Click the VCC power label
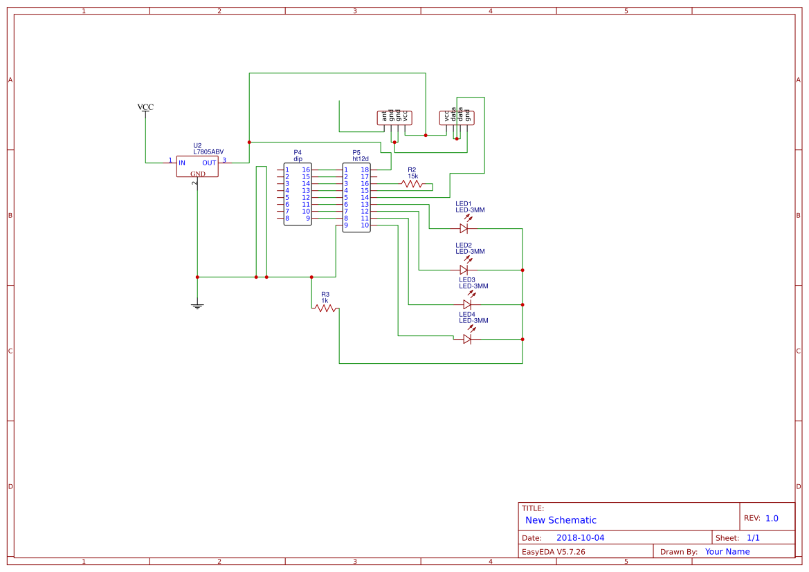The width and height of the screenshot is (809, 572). (x=145, y=107)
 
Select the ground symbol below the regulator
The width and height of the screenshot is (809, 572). (x=197, y=305)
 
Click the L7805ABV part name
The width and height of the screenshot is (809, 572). (x=208, y=152)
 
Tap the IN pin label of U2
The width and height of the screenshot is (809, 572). (x=182, y=163)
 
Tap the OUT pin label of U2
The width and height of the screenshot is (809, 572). (x=209, y=163)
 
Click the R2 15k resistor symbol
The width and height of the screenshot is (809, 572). (x=412, y=184)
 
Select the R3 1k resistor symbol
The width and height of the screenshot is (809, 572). (x=325, y=308)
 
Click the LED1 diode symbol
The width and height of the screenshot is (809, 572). (x=464, y=228)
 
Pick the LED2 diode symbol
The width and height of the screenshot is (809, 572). (x=464, y=270)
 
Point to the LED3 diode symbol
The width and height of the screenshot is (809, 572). (x=467, y=304)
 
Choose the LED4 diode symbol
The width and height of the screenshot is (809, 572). (x=467, y=339)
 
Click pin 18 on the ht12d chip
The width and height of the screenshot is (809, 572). (x=364, y=170)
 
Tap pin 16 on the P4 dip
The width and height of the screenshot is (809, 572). (x=306, y=170)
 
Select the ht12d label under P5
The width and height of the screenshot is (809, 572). (x=361, y=159)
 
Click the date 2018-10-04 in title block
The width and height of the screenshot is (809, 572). (x=580, y=538)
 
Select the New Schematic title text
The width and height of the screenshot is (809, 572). (x=561, y=520)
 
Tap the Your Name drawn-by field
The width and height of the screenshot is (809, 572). (x=727, y=552)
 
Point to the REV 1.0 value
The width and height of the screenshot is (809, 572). (x=772, y=518)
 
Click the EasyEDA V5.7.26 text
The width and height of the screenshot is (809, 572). (x=554, y=552)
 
